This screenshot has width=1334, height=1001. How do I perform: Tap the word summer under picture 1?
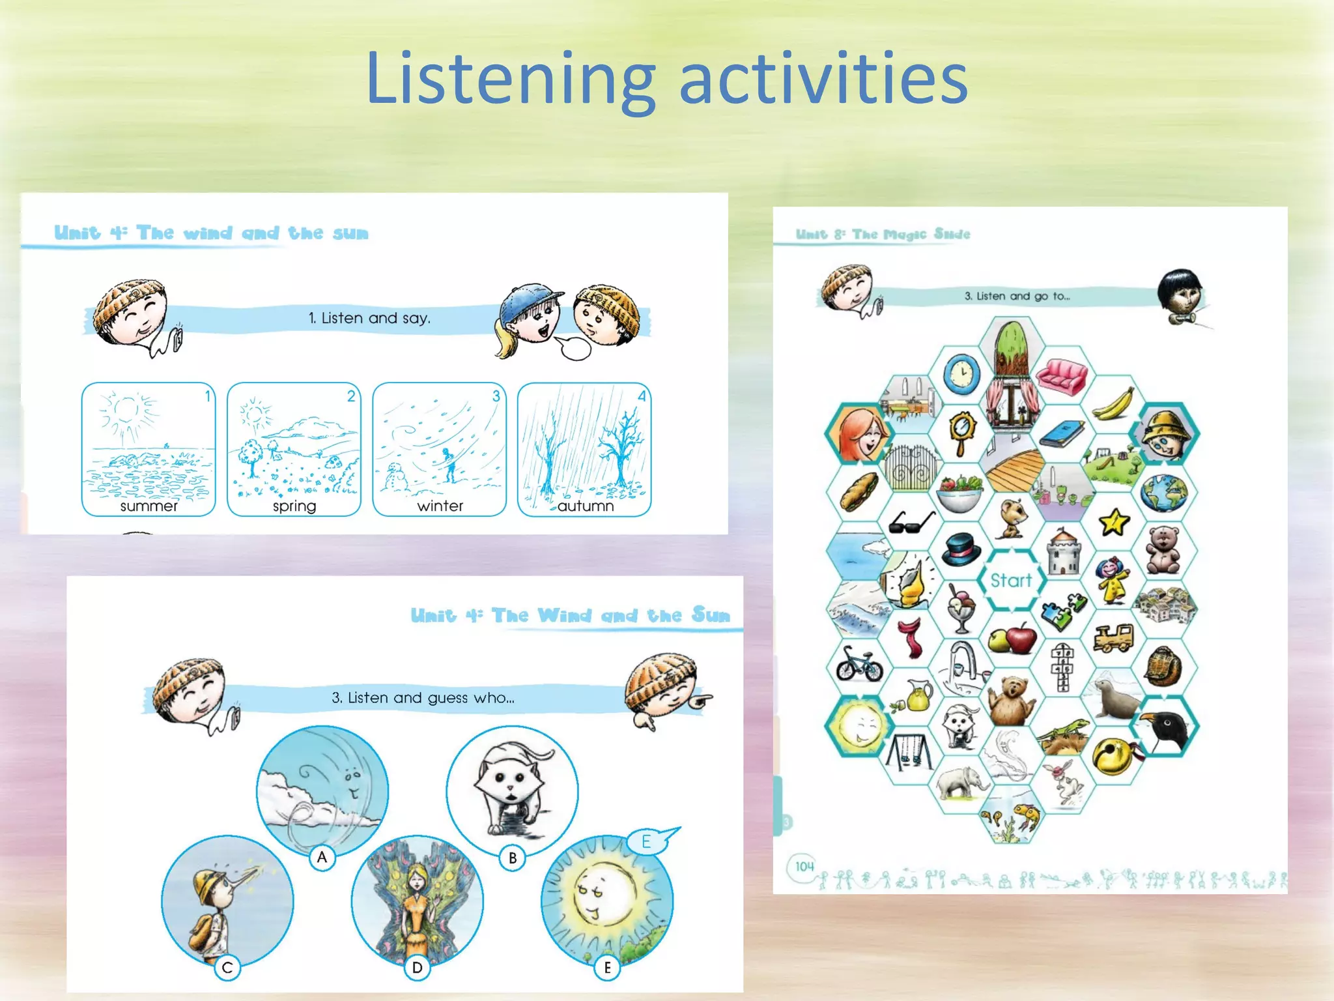(149, 506)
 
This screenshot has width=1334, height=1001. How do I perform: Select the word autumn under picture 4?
(585, 506)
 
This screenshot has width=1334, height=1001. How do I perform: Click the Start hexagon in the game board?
(1011, 579)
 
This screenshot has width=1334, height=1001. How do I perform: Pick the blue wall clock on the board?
(961, 375)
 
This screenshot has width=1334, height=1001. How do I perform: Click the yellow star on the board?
(1113, 522)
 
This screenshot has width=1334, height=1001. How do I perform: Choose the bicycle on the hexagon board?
(859, 664)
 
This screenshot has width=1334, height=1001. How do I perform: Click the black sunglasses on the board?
(911, 521)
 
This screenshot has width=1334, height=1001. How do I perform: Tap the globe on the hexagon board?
(1164, 492)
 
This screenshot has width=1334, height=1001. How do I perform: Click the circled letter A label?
(322, 857)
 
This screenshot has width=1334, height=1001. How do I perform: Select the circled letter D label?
(417, 968)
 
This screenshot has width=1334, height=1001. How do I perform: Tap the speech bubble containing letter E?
(648, 841)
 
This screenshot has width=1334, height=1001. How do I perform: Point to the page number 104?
(804, 867)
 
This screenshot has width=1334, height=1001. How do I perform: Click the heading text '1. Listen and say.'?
(369, 318)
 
